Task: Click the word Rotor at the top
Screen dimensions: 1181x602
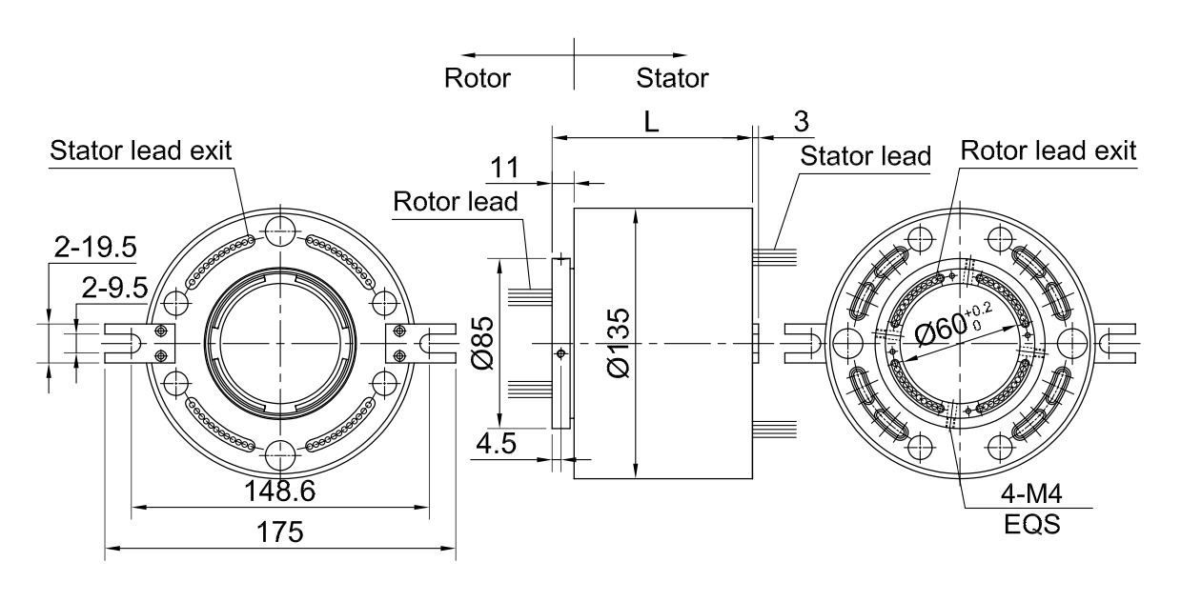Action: coord(478,78)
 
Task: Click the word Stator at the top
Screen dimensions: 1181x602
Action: coord(672,78)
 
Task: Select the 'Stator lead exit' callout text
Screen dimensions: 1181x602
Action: coord(141,150)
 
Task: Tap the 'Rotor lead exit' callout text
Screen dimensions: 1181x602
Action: coord(1049,150)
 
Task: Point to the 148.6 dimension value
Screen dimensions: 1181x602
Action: coord(280,492)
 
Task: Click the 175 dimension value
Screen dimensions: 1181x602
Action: coord(280,532)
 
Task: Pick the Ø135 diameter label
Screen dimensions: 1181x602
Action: coord(619,343)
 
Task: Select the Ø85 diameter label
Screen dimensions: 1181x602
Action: coord(482,343)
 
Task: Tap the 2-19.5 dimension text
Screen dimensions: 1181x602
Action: coord(95,247)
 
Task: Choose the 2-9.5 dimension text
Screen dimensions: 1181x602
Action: coord(115,288)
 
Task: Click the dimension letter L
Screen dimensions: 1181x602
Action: coord(652,122)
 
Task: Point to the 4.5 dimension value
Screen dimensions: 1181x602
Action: coord(496,444)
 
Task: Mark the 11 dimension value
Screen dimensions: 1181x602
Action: coord(504,168)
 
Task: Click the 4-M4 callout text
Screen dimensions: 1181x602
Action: coord(1031,494)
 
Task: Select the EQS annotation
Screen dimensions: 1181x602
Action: coord(1031,525)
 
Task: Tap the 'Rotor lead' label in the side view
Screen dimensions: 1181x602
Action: coord(456,202)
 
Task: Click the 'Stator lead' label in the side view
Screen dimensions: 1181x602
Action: coord(865,156)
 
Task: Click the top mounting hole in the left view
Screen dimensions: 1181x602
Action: coord(280,231)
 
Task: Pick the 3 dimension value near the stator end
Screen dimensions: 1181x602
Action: coord(802,122)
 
